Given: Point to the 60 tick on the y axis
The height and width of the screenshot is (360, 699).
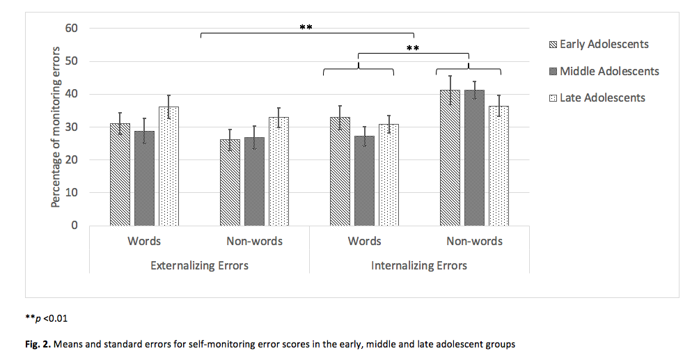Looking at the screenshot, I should click(72, 29).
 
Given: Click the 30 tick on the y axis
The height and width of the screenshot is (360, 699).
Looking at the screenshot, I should click(72, 127).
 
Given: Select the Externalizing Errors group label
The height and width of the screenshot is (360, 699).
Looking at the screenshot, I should click(199, 265).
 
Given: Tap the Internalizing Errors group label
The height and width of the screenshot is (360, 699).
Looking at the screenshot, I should click(418, 265).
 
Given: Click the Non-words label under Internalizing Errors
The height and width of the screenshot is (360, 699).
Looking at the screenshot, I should click(474, 242).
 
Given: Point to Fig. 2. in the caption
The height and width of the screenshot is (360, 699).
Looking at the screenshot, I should click(38, 344).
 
